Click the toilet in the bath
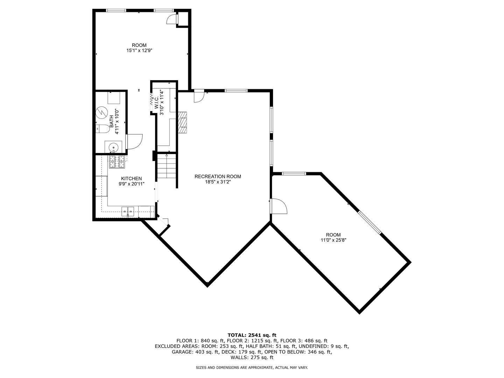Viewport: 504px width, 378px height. (x=102, y=129)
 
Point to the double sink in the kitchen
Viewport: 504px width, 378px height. (x=128, y=211)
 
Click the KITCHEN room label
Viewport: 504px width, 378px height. (x=131, y=178)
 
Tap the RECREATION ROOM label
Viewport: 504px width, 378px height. (x=218, y=176)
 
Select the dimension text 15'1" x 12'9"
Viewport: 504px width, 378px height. (x=139, y=50)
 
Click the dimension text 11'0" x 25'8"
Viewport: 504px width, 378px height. (x=333, y=240)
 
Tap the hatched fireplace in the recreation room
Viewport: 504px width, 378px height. (x=183, y=123)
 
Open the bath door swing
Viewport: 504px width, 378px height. (x=134, y=141)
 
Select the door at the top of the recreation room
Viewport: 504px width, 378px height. (x=199, y=96)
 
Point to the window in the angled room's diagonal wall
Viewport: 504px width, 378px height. (x=370, y=222)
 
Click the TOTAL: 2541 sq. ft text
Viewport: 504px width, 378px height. (x=252, y=335)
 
